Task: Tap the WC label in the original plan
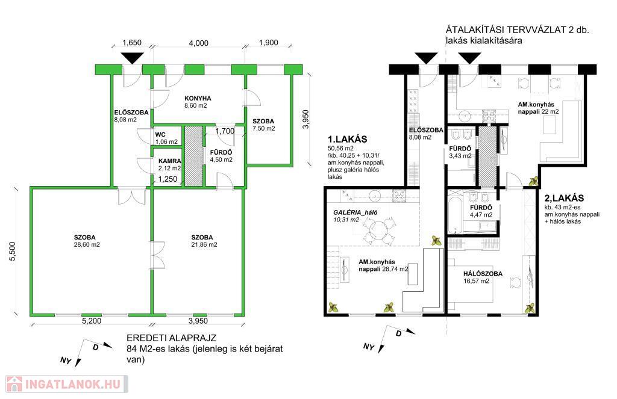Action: (160, 135)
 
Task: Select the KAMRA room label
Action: (170, 162)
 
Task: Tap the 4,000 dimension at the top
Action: (198, 43)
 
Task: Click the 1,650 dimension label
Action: (131, 43)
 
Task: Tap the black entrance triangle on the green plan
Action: (131, 58)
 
